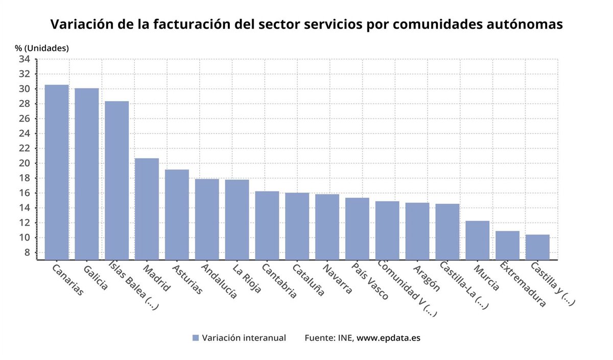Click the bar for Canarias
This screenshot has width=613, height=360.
(x=57, y=172)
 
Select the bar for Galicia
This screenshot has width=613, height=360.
(x=87, y=174)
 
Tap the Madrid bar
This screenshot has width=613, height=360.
(x=147, y=209)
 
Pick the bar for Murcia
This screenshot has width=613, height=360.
(x=477, y=240)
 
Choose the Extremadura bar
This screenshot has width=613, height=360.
(x=507, y=245)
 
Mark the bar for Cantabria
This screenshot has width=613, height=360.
(x=267, y=225)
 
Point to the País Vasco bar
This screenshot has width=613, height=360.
(x=357, y=228)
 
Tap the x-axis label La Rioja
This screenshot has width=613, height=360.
(x=247, y=278)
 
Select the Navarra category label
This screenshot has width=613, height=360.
(x=338, y=279)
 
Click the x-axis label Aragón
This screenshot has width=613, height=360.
(x=427, y=278)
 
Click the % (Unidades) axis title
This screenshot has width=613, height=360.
(x=42, y=48)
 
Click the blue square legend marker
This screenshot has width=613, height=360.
(x=195, y=338)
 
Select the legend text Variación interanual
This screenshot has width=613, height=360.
(x=244, y=338)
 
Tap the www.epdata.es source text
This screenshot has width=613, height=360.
(x=388, y=338)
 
